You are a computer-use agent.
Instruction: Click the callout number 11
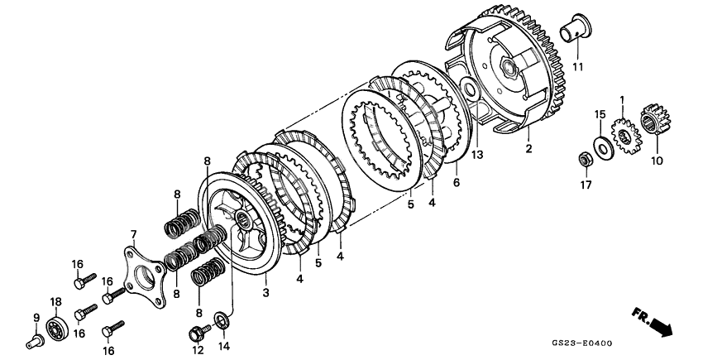pos(576,66)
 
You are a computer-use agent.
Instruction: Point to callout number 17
pos(586,185)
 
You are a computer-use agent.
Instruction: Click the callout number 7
pos(134,236)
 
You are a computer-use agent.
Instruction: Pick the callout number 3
pos(265,292)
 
